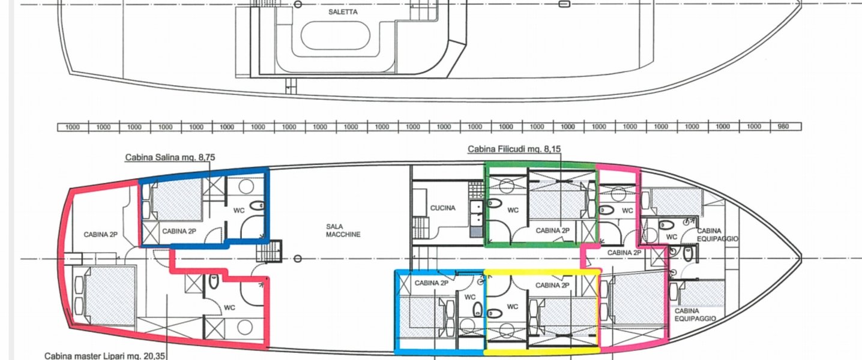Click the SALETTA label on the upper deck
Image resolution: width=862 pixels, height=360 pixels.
[x=343, y=12]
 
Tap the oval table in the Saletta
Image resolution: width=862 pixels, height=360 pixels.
[x=335, y=35]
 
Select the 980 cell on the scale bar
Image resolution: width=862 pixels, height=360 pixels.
[x=783, y=127]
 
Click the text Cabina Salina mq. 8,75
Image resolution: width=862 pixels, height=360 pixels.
[x=170, y=157]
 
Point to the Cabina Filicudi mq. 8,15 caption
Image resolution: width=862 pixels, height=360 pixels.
[x=514, y=149]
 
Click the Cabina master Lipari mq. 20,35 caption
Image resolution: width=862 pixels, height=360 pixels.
[x=105, y=356]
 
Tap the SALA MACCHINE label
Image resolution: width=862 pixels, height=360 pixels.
[x=343, y=230]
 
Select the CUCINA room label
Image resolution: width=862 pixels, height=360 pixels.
[x=442, y=208]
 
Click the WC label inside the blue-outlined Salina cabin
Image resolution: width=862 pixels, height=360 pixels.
[x=239, y=211]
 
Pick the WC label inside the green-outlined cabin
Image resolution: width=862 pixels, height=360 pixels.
[x=513, y=210]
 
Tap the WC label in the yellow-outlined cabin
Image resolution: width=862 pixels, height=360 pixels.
[x=513, y=307]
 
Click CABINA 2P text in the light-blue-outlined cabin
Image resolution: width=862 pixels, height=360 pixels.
[x=432, y=283]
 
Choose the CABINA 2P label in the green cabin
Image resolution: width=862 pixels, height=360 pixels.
[x=553, y=230]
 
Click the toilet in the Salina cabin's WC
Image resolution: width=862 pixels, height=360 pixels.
[x=257, y=205]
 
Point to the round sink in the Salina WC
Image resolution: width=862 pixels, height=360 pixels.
[x=246, y=187]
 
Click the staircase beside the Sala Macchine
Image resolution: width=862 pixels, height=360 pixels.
[x=269, y=251]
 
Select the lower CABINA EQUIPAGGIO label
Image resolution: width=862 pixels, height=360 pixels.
[x=695, y=314]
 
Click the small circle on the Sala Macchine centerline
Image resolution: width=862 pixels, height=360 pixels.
[x=298, y=259]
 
